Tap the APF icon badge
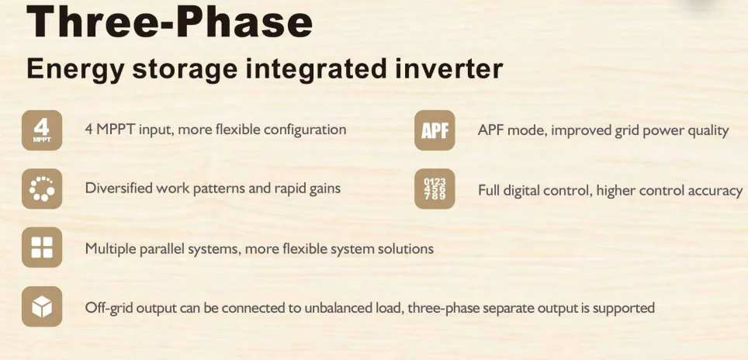[x=435, y=130]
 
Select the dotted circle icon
[x=42, y=189]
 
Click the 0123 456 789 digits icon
[x=435, y=189]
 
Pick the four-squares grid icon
[x=42, y=248]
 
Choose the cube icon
[x=42, y=308]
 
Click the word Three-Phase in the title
[x=170, y=22]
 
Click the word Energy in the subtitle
[x=74, y=70]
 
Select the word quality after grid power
[x=707, y=130]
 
